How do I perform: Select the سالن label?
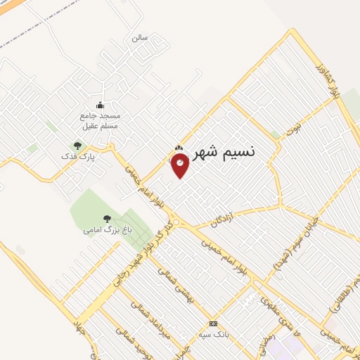point(139,38)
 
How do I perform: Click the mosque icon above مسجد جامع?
point(99,105)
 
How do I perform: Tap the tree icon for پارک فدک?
point(78,146)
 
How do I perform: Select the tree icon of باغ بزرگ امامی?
point(107,219)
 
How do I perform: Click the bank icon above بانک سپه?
point(213,323)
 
